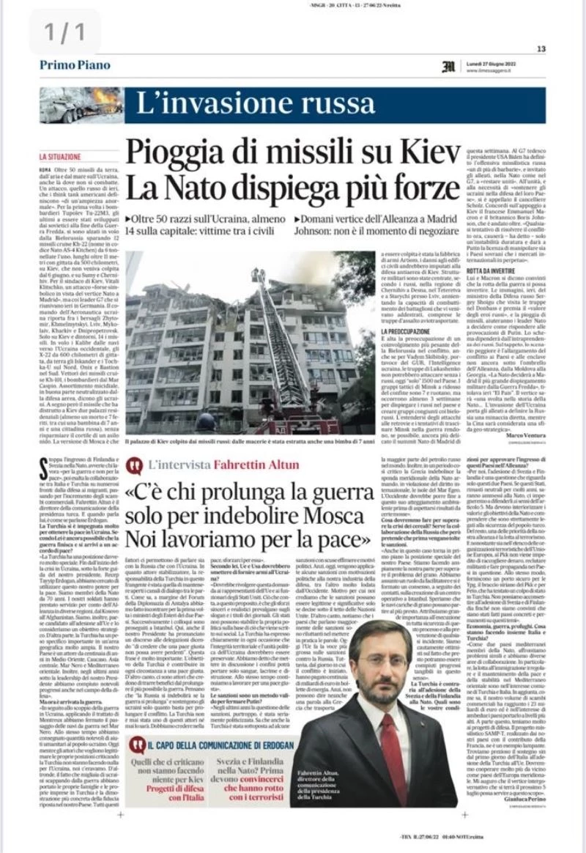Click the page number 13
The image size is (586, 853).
[x=541, y=49]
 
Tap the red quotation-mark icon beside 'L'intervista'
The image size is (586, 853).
[x=134, y=465]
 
